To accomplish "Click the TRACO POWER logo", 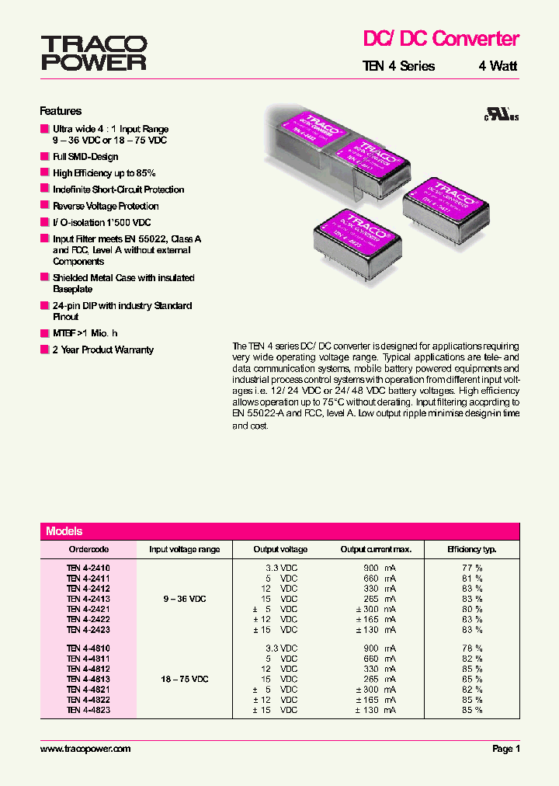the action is pos(93,53).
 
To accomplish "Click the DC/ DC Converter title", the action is pos(441,38).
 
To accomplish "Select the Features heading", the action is pos(61,111).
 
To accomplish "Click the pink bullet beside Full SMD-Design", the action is pos(44,157).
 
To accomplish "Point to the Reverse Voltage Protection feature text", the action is pos(106,206).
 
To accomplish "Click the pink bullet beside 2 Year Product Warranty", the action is pos(44,350).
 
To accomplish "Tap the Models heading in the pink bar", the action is pos(64,531).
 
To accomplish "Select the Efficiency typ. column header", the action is pos(471,549).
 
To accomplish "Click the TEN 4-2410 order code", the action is pos(88,569).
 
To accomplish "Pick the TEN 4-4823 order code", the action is pos(88,710).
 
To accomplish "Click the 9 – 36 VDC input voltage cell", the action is pos(184,599).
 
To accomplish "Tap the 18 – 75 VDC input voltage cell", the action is pos(185,679).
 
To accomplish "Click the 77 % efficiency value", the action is pos(472,569).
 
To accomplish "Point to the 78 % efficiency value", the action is pos(472,649).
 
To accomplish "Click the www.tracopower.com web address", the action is pos(85,749).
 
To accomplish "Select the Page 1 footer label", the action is pos(506,749).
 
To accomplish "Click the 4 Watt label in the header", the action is pos(498,67).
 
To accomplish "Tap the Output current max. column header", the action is pos(376,549).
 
